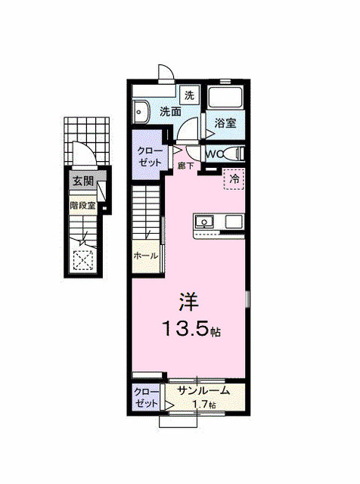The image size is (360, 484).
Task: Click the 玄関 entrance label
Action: [x=83, y=181]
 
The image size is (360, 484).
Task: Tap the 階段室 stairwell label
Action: [x=83, y=205]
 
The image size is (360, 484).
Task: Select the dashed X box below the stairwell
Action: [x=83, y=261]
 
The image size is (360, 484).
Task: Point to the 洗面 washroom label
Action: [x=170, y=112]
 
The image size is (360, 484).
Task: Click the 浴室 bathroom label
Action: [x=225, y=123]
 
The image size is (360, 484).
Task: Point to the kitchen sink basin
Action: [x=205, y=222]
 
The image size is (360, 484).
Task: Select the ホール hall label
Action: [x=145, y=256]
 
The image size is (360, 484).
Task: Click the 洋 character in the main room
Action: [x=188, y=301]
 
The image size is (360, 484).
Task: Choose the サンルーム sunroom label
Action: [x=204, y=391]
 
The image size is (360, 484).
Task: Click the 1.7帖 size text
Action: [x=202, y=405]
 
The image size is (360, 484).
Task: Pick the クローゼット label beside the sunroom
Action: [x=146, y=398]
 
